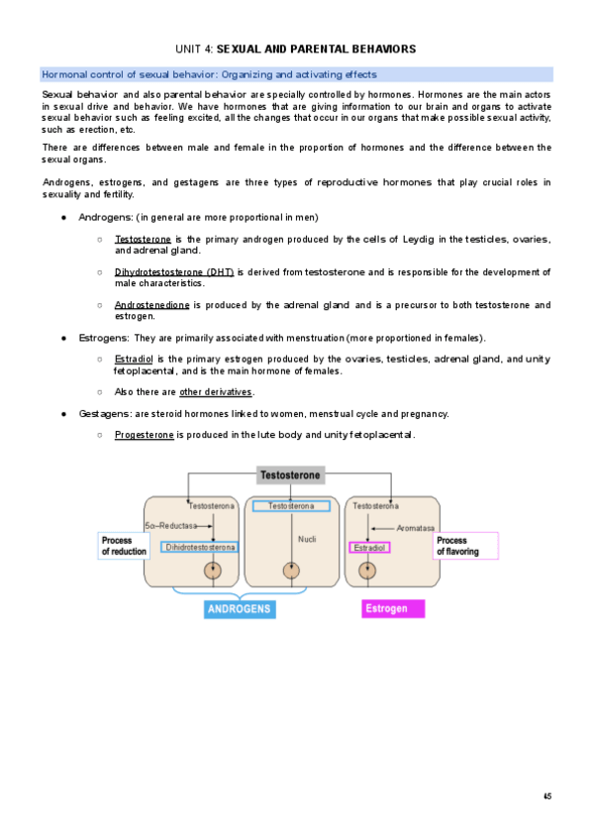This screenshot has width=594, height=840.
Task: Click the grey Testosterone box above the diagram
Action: click(290, 475)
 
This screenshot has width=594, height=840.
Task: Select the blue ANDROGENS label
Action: click(240, 609)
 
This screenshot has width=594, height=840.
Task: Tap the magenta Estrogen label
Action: click(386, 609)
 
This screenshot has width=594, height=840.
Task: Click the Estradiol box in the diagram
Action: click(369, 547)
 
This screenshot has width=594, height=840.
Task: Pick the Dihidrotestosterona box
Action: click(199, 547)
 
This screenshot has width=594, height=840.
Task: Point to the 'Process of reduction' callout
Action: click(123, 546)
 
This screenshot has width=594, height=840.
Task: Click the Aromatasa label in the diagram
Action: click(419, 528)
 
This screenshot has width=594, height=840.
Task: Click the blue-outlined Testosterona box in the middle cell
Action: click(291, 506)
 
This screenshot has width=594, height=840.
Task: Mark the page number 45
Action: click(547, 796)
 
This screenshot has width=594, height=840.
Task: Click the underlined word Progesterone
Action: click(145, 436)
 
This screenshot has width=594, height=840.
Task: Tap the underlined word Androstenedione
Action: click(151, 305)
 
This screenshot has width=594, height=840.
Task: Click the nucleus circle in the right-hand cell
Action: click(367, 571)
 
